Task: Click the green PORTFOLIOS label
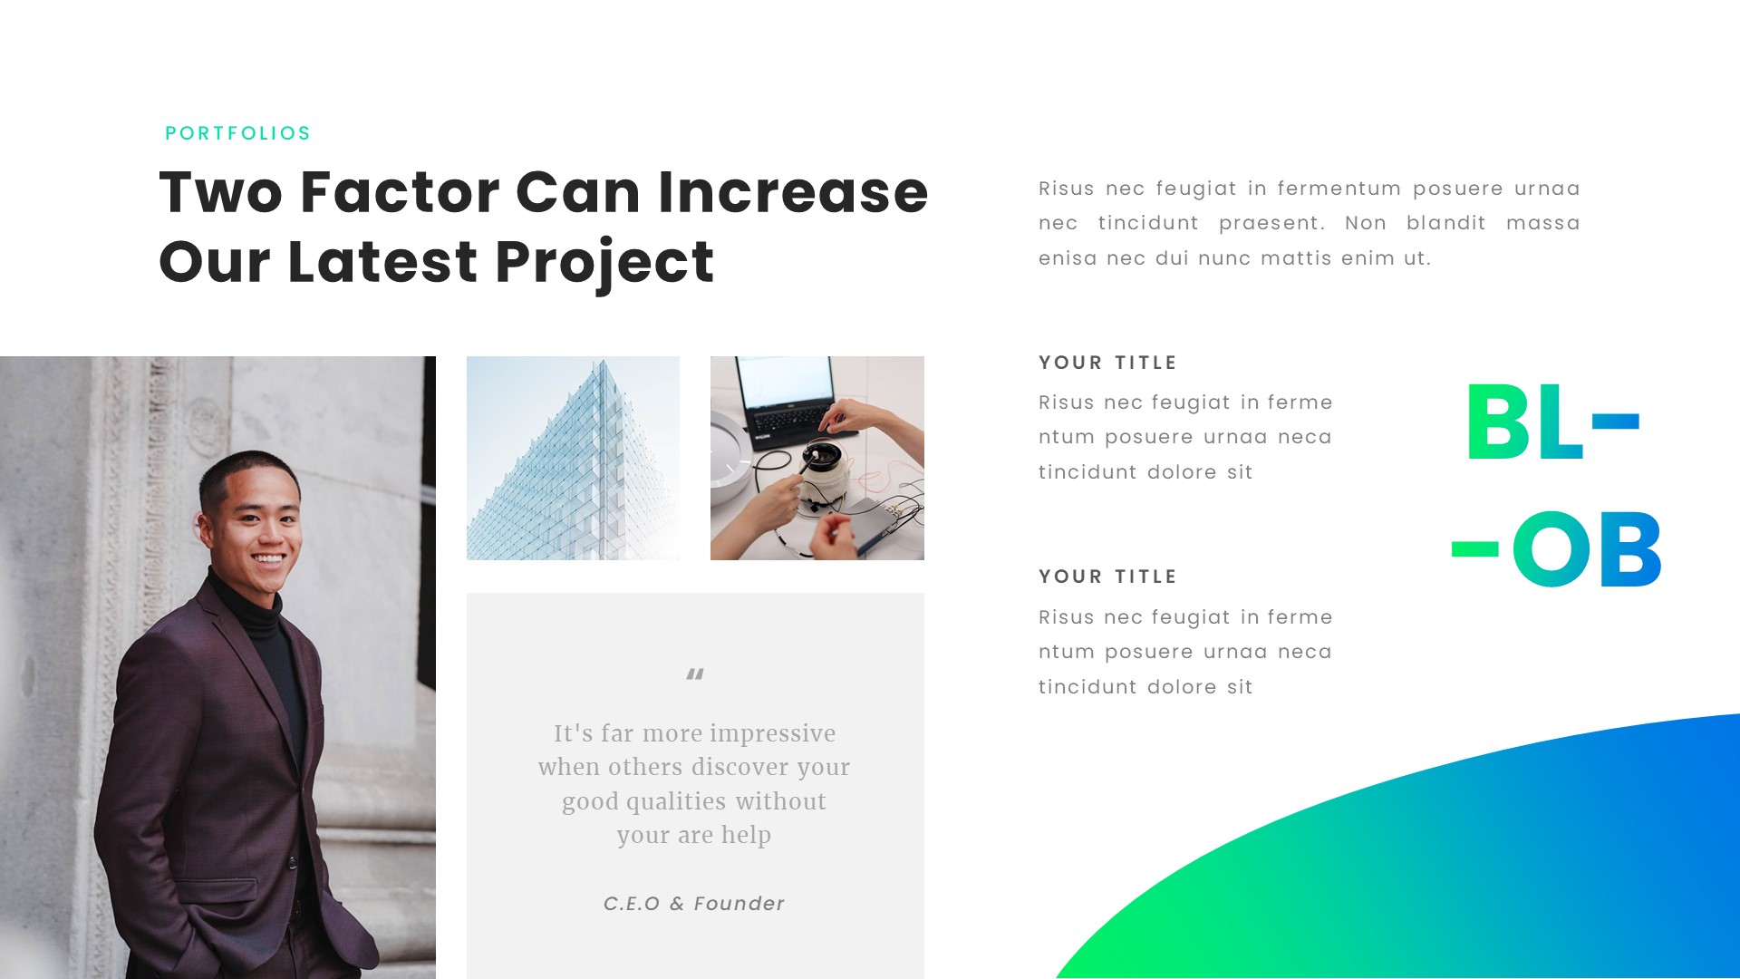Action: (x=237, y=133)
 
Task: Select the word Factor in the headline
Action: (x=400, y=192)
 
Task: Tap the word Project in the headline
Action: (x=604, y=263)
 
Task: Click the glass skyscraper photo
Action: (x=573, y=458)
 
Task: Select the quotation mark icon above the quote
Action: (x=695, y=674)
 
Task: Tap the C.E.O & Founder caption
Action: (x=694, y=904)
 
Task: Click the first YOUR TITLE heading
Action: (x=1107, y=363)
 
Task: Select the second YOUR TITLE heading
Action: (x=1107, y=577)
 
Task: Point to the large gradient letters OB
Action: (x=1586, y=549)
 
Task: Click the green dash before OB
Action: (x=1474, y=549)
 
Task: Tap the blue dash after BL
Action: (x=1615, y=421)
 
